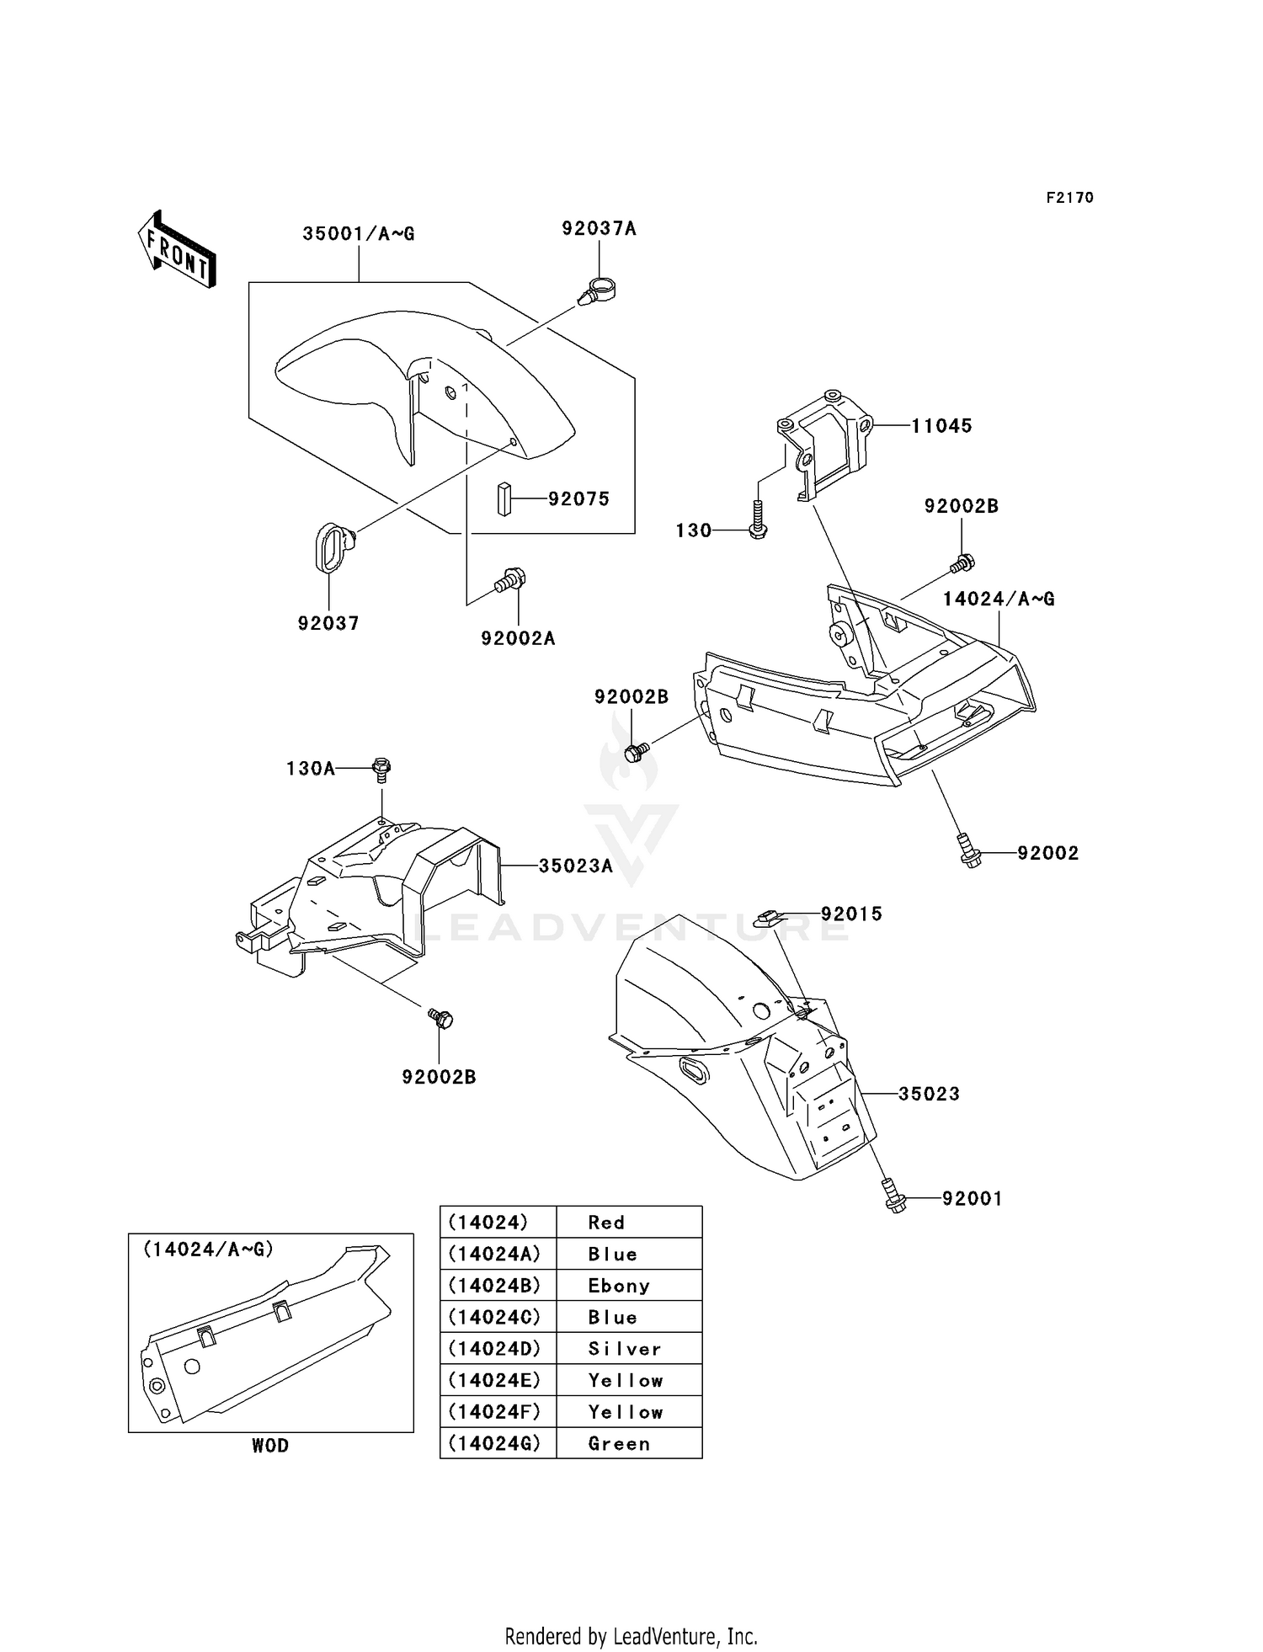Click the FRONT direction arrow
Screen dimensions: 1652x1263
click(x=177, y=250)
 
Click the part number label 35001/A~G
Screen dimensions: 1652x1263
click(x=359, y=234)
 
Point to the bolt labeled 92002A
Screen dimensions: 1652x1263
click(x=510, y=580)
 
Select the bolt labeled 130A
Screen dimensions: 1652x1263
click(x=381, y=769)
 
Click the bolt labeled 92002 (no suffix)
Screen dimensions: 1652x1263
click(x=970, y=851)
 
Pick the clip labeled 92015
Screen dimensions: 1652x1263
click(x=770, y=917)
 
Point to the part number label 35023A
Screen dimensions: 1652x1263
click(x=576, y=866)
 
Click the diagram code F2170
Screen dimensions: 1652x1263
click(x=1069, y=198)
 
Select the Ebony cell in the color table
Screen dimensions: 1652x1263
click(x=619, y=1286)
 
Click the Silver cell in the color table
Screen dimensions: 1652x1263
click(x=624, y=1349)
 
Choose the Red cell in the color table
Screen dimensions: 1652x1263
click(x=606, y=1223)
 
